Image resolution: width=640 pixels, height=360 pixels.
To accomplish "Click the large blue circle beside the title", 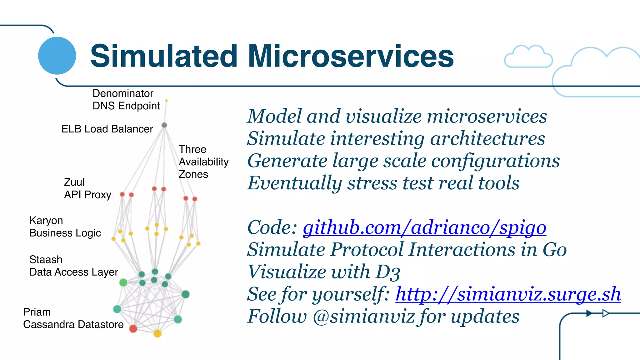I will point(57,56).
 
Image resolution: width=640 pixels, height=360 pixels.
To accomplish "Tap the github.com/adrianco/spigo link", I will point(424,227).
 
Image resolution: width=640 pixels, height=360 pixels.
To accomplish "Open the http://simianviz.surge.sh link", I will point(508,294).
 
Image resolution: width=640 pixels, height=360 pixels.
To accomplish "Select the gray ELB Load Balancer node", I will point(164,125).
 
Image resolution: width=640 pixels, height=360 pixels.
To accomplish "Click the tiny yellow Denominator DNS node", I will point(166,101).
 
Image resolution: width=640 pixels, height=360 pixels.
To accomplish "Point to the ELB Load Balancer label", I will point(107,129).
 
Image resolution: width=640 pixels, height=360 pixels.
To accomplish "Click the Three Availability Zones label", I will point(203,162).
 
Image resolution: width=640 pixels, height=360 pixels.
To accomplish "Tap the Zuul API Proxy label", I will point(87,188).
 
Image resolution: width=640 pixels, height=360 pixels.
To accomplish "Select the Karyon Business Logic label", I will point(65,227).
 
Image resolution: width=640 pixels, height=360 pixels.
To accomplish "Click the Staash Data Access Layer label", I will point(73,266).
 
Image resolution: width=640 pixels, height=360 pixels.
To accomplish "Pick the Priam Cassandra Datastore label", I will point(73,318).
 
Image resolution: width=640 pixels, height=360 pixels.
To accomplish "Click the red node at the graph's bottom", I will point(133,328).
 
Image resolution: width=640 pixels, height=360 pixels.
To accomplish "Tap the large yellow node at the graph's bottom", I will point(157,333).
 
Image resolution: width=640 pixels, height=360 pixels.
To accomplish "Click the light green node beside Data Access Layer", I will point(123,282).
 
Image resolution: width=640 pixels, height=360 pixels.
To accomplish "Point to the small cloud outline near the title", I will point(528,57).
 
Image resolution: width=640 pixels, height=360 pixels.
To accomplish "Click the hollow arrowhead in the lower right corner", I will point(606,313).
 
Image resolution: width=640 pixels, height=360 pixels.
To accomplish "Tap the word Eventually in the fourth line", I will point(294,183).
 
